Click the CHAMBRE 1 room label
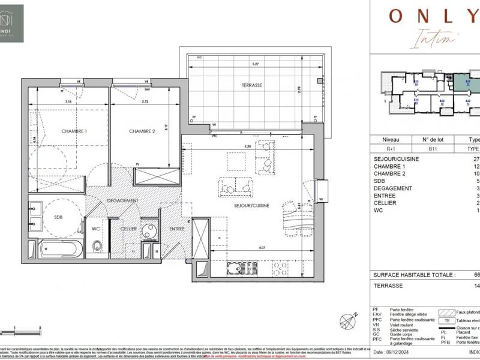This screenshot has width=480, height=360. [x=74, y=131]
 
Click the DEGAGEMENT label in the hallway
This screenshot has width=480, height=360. [x=123, y=200]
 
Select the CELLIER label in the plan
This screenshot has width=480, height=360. [x=128, y=229]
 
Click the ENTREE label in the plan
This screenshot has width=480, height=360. [x=176, y=229]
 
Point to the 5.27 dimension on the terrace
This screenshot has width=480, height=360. [x=255, y=64]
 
